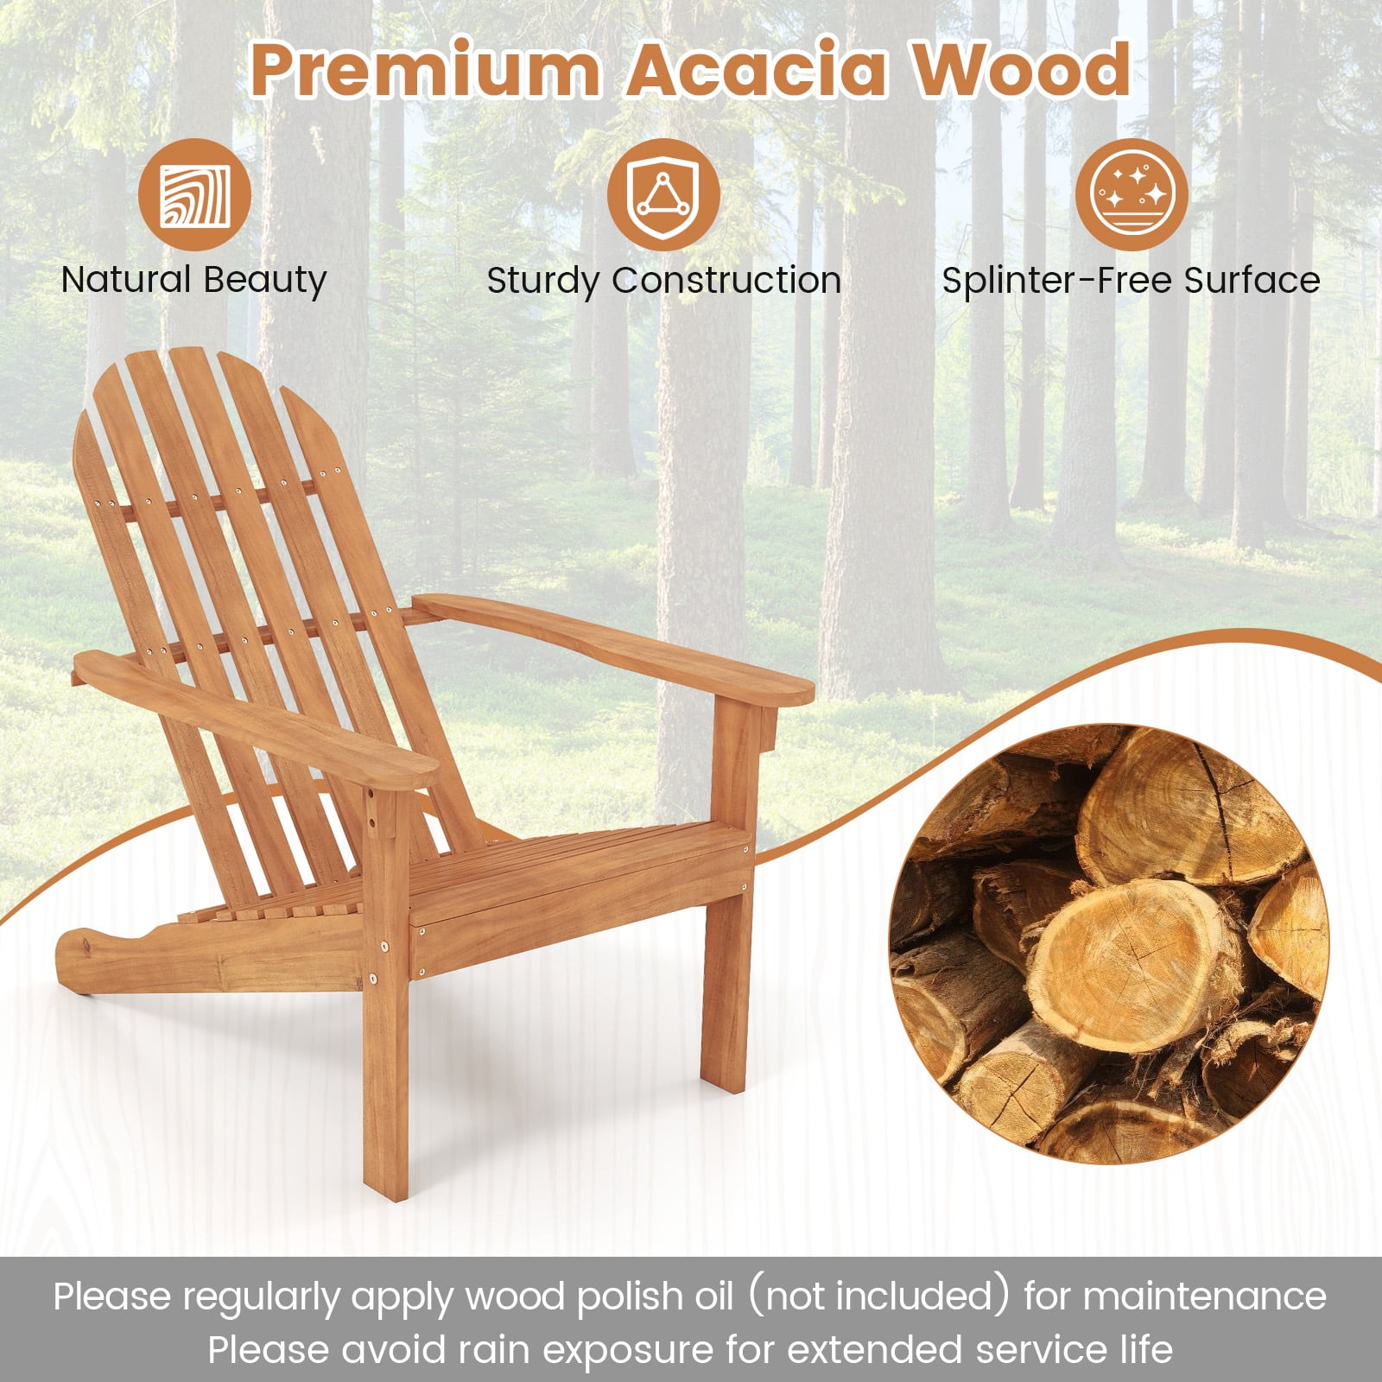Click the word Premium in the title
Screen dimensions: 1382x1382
point(425,69)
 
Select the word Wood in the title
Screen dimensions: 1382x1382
point(1022,69)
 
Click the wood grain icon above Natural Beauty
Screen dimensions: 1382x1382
point(194,194)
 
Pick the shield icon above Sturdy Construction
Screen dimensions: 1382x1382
point(662,194)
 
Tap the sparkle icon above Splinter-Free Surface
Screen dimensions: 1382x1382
point(1132,194)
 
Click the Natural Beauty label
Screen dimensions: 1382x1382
point(194,281)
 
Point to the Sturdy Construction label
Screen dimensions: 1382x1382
point(663,281)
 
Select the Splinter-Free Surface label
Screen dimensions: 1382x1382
point(1131,281)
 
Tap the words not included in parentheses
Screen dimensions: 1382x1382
point(878,1297)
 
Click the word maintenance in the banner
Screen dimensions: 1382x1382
point(1204,1297)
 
